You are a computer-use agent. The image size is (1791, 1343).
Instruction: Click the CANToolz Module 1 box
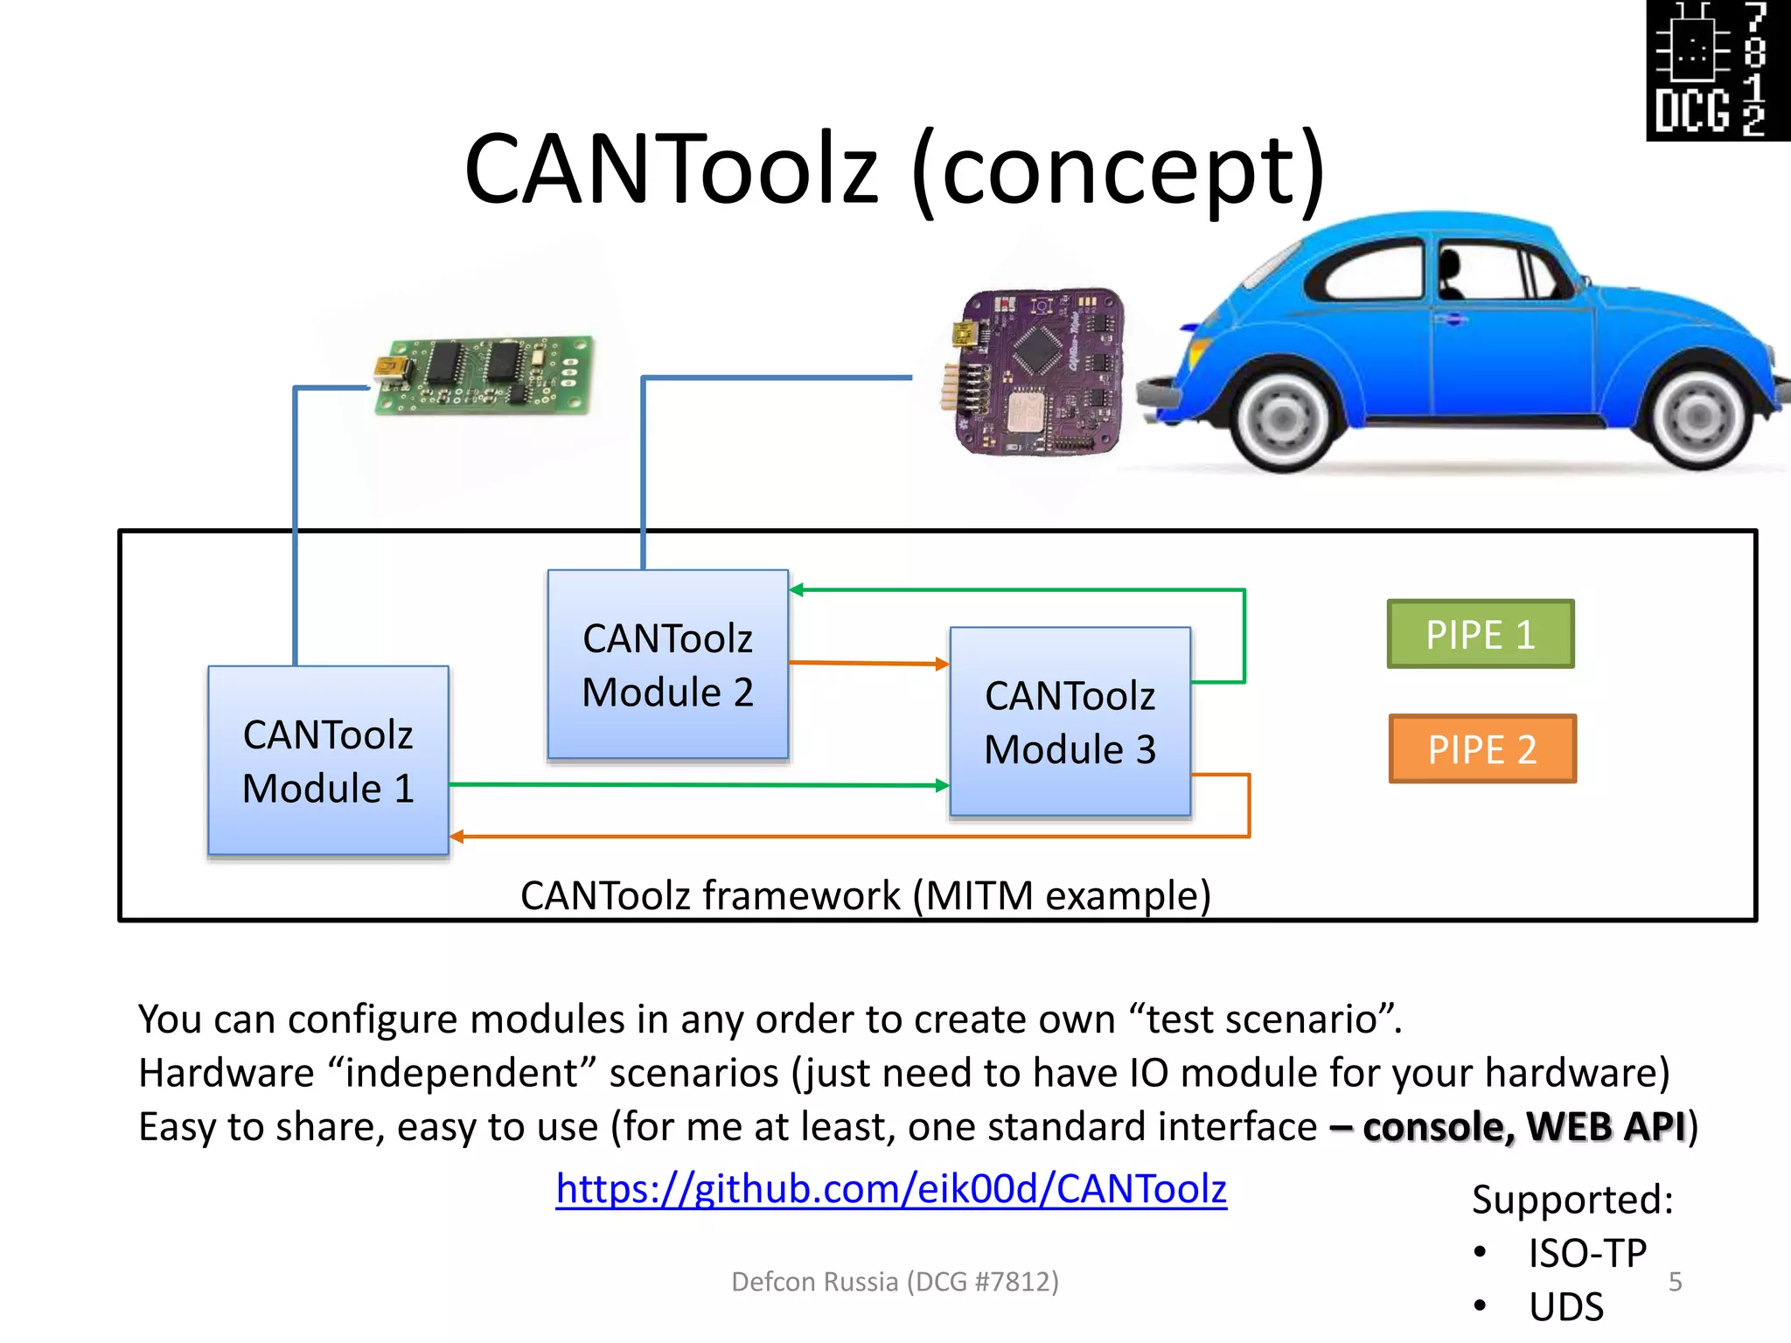328,761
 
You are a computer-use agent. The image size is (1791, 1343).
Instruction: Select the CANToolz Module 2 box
667,665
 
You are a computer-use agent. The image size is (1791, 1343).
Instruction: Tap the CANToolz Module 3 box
1070,722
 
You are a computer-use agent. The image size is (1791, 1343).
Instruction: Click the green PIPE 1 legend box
1480,635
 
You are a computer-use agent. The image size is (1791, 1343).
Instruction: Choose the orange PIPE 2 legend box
1481,749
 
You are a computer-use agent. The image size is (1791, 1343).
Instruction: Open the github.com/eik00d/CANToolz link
890,1189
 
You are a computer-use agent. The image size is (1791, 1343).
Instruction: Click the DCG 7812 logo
1717,70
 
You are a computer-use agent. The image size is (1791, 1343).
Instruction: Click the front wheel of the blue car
1283,421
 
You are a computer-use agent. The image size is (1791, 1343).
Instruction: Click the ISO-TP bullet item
1586,1254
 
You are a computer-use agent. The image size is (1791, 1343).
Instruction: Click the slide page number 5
1675,1282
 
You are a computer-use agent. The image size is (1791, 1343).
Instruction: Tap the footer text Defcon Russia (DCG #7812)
895,1282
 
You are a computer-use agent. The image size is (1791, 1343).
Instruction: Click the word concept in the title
1118,170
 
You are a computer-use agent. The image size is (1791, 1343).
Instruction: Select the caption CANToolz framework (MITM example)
866,896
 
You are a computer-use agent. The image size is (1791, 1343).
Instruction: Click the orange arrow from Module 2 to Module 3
868,663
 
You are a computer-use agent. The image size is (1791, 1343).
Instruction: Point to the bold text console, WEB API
1523,1127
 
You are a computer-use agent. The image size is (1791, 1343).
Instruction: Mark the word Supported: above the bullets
1571,1200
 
